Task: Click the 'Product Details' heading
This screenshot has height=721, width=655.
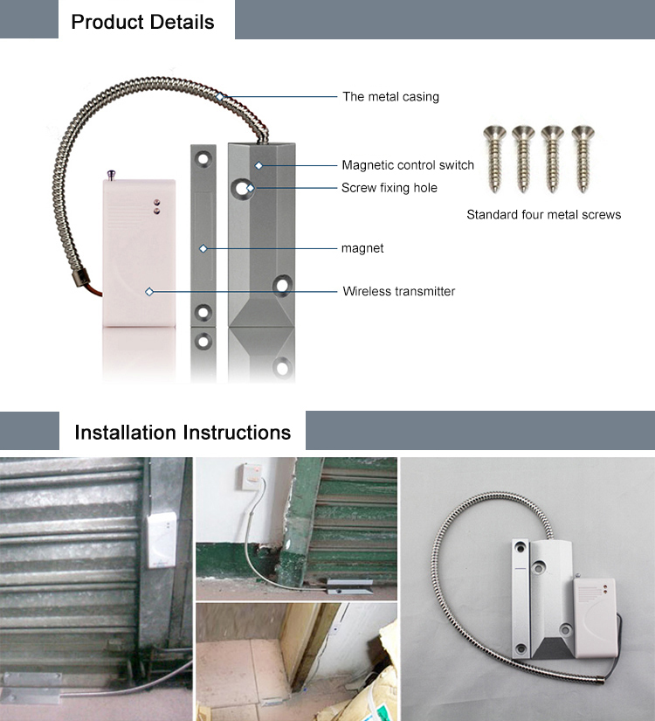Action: (x=142, y=22)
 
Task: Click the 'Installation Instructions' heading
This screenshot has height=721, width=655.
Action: (x=183, y=433)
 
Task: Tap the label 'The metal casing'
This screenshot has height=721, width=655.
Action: (x=390, y=97)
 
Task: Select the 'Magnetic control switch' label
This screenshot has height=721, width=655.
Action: (x=408, y=165)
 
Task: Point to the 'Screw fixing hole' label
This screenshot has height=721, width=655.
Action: (x=389, y=188)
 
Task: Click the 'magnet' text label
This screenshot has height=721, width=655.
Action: (x=362, y=249)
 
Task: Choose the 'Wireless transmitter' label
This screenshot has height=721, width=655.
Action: (x=398, y=291)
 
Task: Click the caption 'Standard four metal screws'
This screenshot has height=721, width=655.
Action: (x=543, y=214)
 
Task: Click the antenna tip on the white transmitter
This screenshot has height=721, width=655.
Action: (x=110, y=173)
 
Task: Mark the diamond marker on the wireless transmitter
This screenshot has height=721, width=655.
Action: (x=149, y=292)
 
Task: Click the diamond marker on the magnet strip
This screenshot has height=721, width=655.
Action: (x=203, y=249)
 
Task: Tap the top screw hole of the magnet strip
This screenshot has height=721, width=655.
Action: (x=203, y=160)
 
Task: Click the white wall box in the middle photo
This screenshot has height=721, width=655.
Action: (x=251, y=476)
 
